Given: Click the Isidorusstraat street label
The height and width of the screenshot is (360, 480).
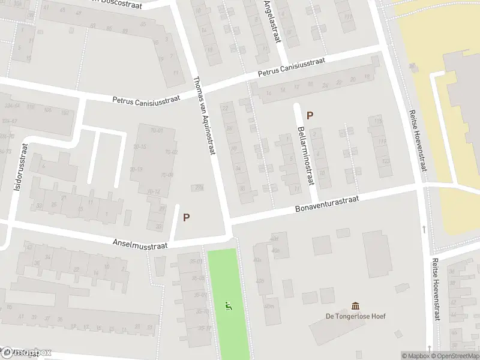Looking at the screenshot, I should click(20, 167).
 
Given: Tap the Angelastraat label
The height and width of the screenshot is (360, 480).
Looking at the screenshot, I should click(272, 21).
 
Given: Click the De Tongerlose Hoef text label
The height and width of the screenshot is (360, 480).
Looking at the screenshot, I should click(356, 316).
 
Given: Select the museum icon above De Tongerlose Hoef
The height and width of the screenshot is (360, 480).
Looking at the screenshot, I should click(356, 306).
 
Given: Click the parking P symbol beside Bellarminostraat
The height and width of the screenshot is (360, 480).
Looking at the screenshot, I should click(310, 115).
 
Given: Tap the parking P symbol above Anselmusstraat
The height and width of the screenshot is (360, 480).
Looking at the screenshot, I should click(187, 218).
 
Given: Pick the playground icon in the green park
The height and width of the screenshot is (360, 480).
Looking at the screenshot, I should click(228, 306).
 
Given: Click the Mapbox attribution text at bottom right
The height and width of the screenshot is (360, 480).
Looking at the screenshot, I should click(416, 356).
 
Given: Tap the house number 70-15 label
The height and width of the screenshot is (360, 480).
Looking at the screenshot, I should click(140, 146).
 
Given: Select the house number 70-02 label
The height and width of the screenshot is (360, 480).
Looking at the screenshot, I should click(170, 152).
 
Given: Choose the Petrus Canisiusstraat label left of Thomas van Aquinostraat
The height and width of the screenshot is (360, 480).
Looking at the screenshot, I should click(146, 100).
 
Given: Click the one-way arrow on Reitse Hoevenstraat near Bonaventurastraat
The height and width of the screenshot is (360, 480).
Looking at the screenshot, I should click(424, 229).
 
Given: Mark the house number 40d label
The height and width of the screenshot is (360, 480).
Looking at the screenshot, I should click(274, 238).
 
